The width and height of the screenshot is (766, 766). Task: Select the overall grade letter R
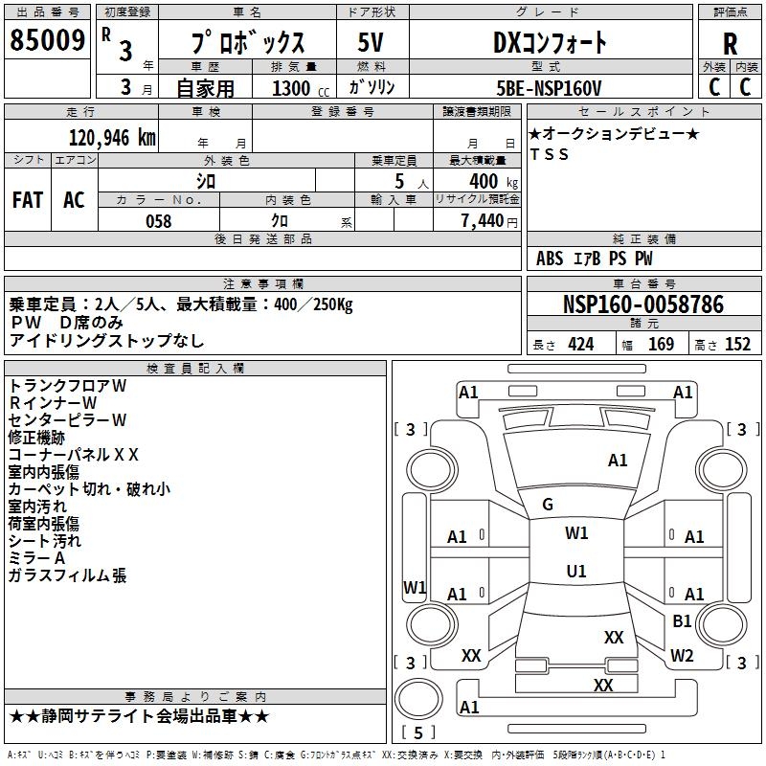tap(730, 44)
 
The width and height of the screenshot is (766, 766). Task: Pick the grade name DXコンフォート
tap(550, 43)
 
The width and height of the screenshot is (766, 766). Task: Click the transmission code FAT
tap(27, 199)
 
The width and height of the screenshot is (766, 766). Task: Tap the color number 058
tap(158, 221)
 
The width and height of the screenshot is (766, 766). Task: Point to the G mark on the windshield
tap(548, 505)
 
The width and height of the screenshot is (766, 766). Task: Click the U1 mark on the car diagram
tap(576, 572)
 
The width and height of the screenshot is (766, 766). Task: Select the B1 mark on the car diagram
tap(682, 620)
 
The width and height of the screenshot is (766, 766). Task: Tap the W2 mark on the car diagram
tap(682, 656)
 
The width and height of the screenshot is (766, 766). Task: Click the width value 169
tap(661, 345)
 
